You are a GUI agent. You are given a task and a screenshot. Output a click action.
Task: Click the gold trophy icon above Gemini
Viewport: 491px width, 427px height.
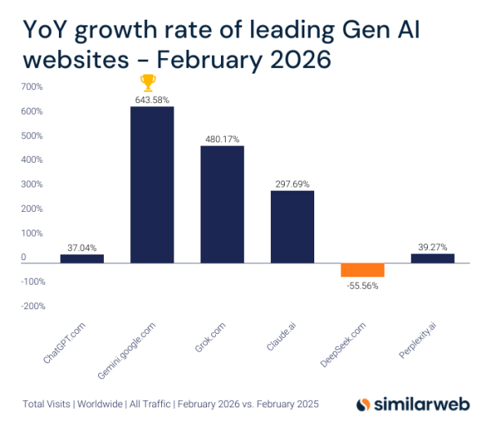click(x=148, y=82)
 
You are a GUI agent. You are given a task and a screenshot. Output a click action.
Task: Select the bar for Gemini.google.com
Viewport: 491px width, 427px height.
click(x=152, y=185)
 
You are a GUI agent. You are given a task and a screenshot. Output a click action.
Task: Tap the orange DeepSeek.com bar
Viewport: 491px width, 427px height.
click(x=363, y=271)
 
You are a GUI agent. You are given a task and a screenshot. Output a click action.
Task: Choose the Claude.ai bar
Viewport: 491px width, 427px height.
click(x=293, y=227)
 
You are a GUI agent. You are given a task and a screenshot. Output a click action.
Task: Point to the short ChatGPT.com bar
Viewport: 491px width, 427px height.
click(x=82, y=258)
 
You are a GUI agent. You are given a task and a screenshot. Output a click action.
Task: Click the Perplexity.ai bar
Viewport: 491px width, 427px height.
click(x=432, y=258)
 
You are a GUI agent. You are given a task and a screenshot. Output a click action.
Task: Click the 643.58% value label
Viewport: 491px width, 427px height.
click(x=152, y=99)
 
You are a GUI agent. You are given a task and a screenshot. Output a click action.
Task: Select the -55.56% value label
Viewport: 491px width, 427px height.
click(x=363, y=286)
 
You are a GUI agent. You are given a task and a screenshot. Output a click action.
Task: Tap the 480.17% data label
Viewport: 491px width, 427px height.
click(x=223, y=139)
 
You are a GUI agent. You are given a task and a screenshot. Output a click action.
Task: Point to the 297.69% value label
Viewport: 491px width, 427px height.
click(x=293, y=184)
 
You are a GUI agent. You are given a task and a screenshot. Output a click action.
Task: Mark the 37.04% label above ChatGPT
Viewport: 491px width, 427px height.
click(x=82, y=246)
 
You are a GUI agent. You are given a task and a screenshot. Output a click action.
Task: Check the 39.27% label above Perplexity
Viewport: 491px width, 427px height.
click(x=432, y=246)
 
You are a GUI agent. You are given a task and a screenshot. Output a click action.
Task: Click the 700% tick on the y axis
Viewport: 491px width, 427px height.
click(x=32, y=86)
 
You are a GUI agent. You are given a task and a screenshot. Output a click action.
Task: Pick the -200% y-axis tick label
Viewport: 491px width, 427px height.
click(x=32, y=306)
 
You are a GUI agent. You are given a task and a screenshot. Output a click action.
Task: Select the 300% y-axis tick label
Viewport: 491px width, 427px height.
click(x=32, y=184)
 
